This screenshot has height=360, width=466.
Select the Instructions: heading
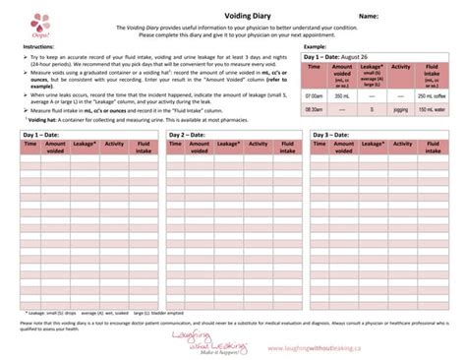[x=39, y=46]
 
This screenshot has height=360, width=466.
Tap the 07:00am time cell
[x=314, y=96]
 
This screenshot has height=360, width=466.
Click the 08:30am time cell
[x=314, y=110]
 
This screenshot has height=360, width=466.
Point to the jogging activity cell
[x=401, y=110]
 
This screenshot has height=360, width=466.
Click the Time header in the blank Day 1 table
[x=29, y=144]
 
